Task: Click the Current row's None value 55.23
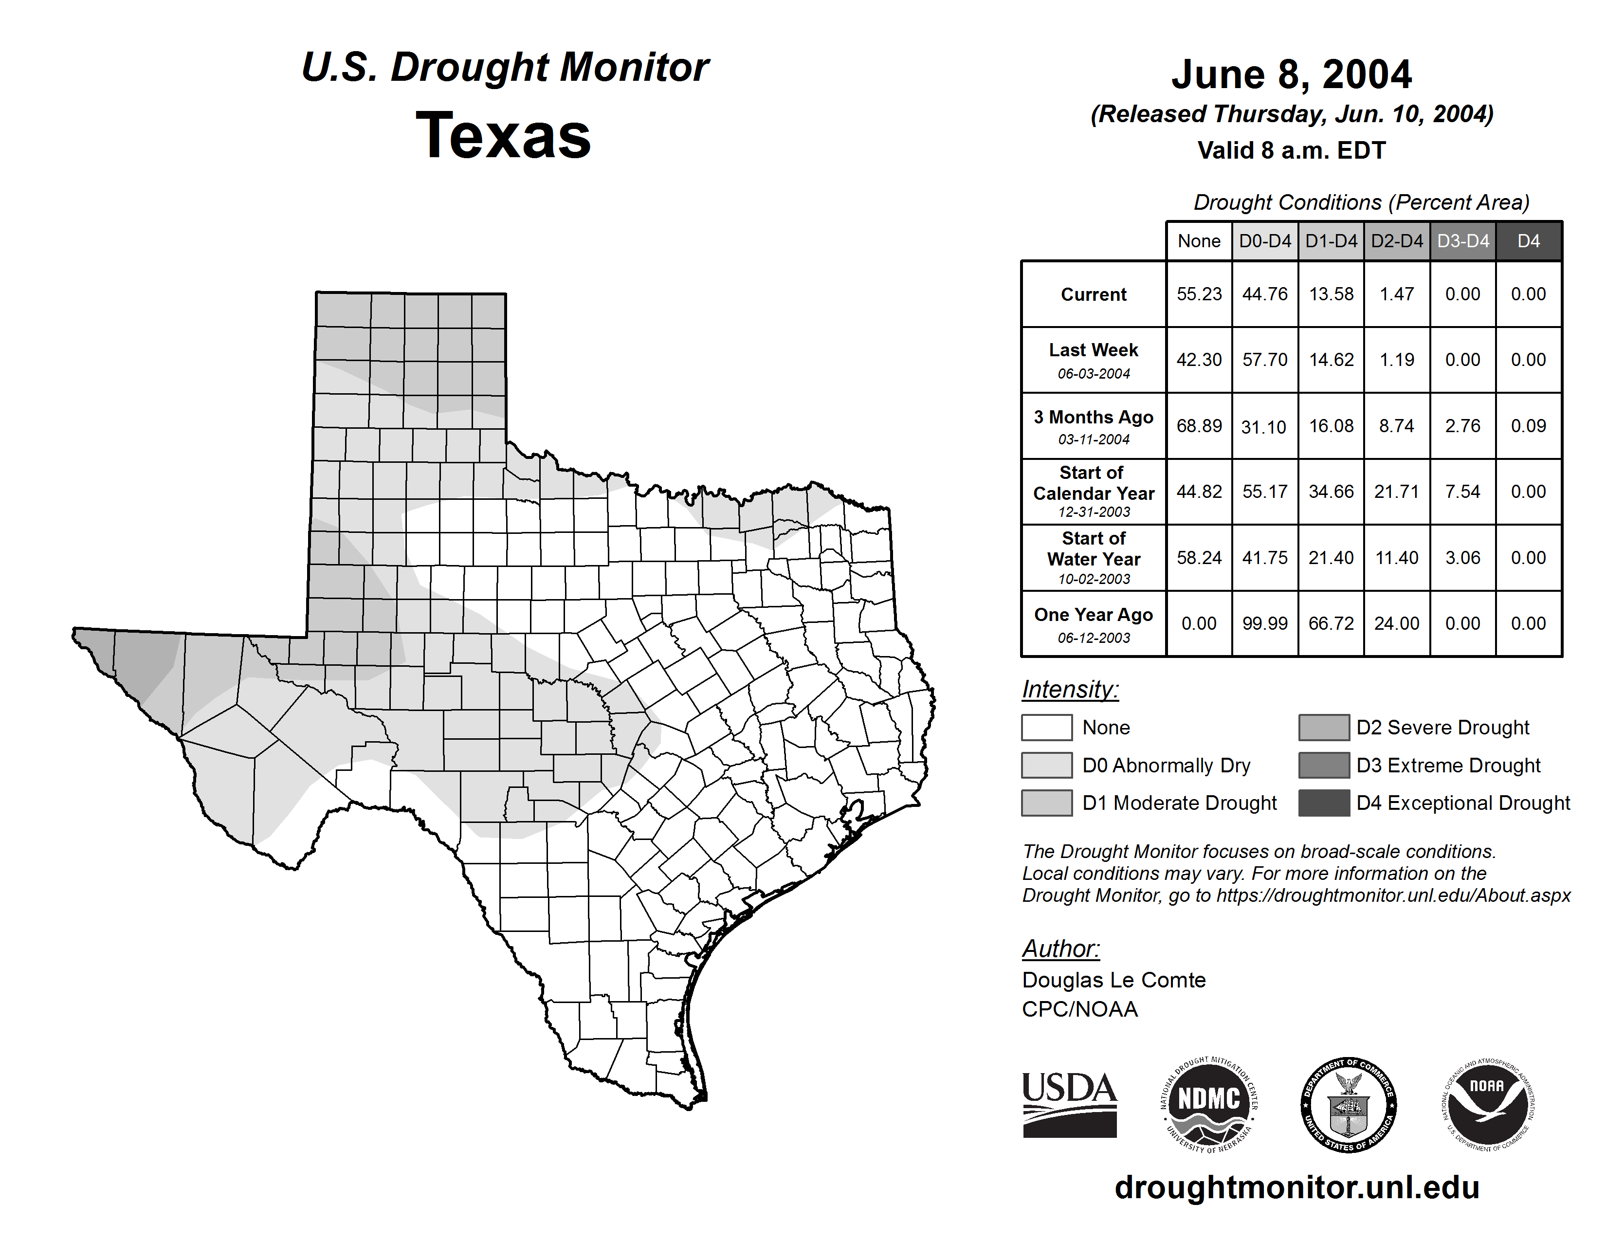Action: (1199, 294)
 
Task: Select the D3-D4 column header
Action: (1462, 241)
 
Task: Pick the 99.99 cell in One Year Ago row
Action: (1265, 623)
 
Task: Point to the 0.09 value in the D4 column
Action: (1528, 426)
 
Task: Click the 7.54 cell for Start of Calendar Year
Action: (1462, 491)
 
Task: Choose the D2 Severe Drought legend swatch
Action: (1324, 727)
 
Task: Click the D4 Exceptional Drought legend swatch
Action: (1324, 803)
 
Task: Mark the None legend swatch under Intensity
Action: (1046, 727)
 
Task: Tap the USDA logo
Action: (1069, 1104)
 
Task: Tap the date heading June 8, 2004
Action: (1291, 74)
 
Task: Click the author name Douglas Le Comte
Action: (1113, 980)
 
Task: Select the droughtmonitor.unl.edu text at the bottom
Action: (1296, 1187)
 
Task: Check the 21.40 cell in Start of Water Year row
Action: (1331, 558)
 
